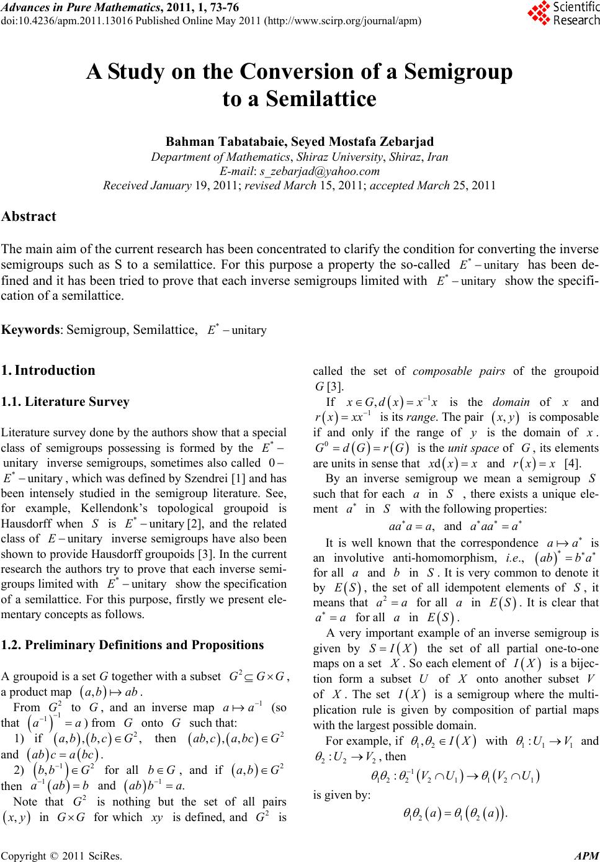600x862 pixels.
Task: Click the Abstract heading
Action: [x=29, y=217]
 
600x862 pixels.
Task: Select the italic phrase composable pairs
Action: [x=459, y=371]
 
